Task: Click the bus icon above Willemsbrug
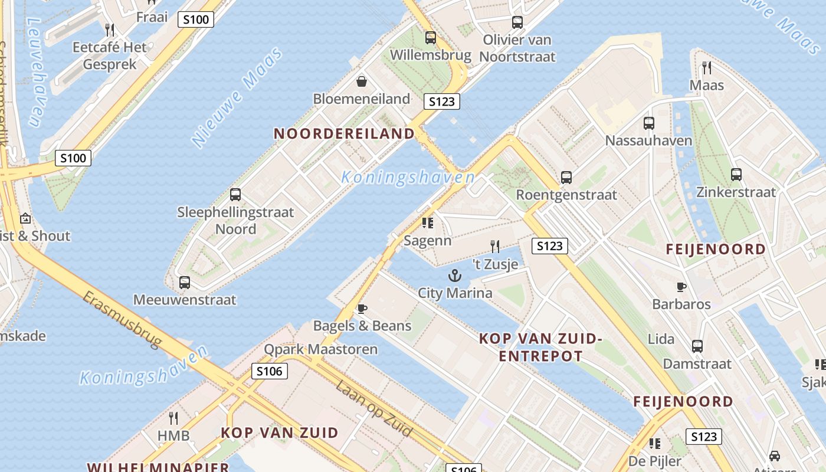point(431,38)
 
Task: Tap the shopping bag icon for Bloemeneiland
point(362,81)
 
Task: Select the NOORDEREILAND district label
point(345,133)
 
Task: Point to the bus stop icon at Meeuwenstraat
point(185,283)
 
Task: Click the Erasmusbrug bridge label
point(122,319)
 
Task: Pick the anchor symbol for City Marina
point(454,275)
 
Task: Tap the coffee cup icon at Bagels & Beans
point(362,309)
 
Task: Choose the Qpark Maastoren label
point(320,349)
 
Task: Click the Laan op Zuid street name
point(374,409)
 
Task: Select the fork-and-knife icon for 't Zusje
point(495,247)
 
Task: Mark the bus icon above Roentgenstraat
point(566,177)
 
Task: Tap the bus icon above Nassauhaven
point(649,123)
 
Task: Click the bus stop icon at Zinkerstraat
point(736,175)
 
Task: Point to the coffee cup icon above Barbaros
point(681,287)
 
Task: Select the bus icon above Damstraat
point(697,346)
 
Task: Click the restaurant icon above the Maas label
point(706,68)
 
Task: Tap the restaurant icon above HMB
point(173,418)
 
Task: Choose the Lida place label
point(661,339)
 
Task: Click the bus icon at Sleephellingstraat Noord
point(235,195)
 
